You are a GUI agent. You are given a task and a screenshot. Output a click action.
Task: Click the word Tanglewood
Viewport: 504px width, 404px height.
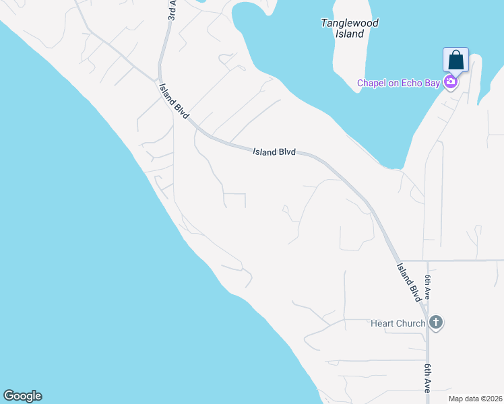(x=350, y=23)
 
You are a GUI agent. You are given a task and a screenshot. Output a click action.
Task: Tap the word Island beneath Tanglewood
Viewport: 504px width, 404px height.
(x=350, y=34)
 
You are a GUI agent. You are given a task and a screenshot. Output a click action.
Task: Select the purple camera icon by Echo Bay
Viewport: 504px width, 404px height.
(x=450, y=83)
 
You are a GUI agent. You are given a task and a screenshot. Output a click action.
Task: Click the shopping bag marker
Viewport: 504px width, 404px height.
(x=456, y=60)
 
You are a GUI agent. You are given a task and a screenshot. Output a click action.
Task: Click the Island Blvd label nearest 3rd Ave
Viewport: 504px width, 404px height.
(x=173, y=102)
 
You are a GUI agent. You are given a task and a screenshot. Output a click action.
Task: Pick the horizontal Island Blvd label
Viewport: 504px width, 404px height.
(x=274, y=152)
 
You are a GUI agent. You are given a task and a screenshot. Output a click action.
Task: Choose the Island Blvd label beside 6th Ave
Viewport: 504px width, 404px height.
(x=409, y=281)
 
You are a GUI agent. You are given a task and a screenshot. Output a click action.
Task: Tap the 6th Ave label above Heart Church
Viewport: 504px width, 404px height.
(x=427, y=288)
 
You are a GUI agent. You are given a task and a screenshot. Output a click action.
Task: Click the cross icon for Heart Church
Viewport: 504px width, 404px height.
(x=436, y=323)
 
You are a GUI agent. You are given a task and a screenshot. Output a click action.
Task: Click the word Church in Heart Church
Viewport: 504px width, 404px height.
(x=411, y=323)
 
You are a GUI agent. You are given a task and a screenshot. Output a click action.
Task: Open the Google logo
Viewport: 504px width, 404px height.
(x=22, y=396)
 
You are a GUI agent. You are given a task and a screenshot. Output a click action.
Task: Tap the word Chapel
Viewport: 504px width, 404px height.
(x=372, y=83)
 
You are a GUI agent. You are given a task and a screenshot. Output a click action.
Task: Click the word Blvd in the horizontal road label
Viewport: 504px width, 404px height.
(x=286, y=153)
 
